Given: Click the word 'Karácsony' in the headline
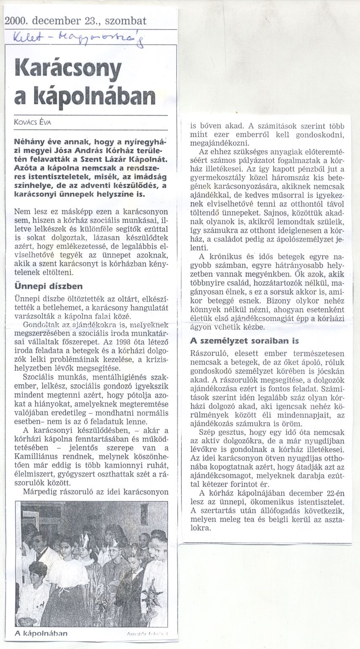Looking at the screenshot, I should pos(68,68).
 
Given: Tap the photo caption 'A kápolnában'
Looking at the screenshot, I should pos(41,633).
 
